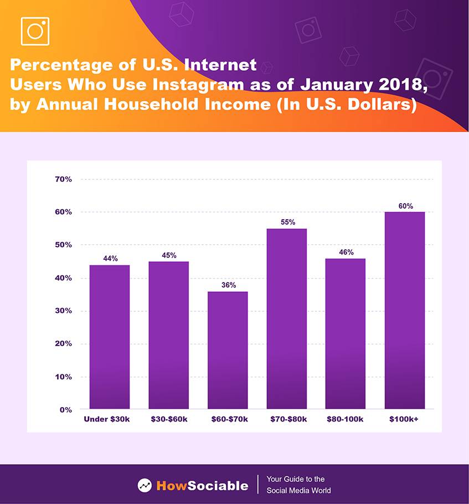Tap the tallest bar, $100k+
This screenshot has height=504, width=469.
click(405, 310)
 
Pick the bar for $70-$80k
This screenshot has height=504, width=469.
click(287, 318)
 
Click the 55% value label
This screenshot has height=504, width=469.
click(287, 222)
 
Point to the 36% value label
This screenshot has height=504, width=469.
click(228, 285)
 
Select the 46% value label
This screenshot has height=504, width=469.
click(346, 252)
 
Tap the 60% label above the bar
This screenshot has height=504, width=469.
click(405, 206)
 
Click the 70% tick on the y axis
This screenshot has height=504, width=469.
click(63, 179)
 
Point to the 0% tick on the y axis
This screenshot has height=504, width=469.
click(65, 410)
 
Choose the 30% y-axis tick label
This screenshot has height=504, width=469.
click(63, 311)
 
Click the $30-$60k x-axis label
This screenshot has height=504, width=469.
click(169, 419)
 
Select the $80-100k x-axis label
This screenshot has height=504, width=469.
click(346, 419)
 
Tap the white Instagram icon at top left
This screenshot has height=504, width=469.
click(35, 31)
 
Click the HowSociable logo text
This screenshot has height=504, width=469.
click(202, 486)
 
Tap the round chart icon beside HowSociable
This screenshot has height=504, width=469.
click(145, 486)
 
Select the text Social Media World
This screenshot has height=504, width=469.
click(298, 491)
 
